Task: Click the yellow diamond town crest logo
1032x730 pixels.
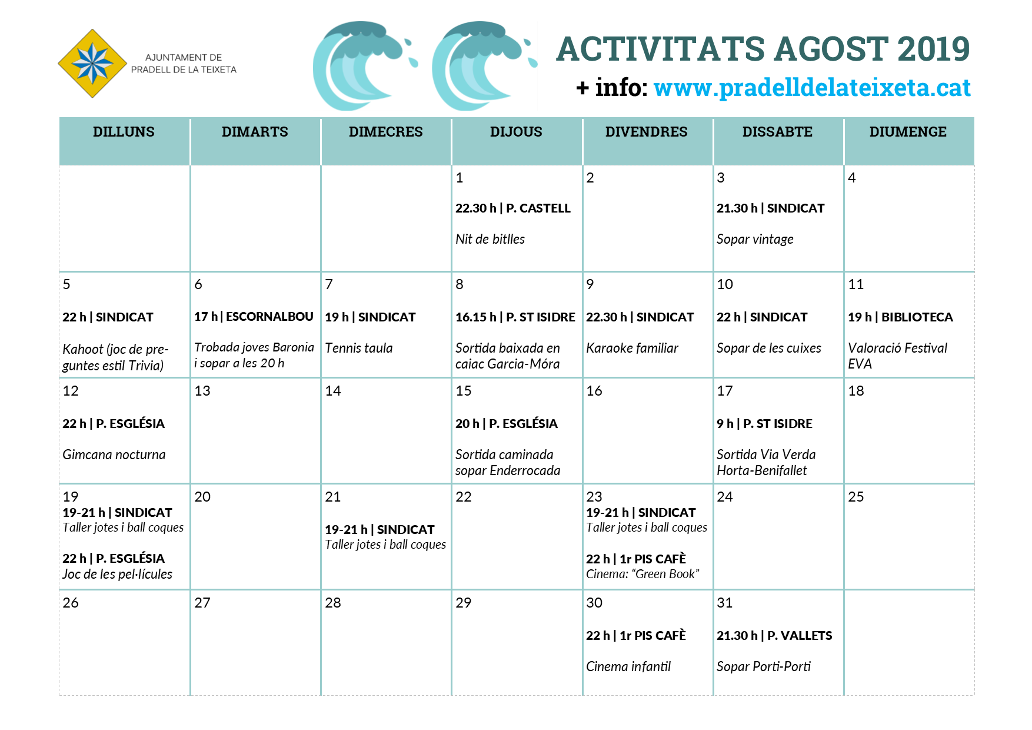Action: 92,64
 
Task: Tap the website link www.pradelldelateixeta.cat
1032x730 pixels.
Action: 811,88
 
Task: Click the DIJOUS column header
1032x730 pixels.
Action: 516,132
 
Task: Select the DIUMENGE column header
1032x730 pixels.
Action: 908,132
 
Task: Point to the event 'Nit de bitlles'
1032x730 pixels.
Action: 490,239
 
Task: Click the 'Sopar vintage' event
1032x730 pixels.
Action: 755,239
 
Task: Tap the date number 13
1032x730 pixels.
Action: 202,391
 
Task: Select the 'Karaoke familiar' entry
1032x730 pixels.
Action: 632,348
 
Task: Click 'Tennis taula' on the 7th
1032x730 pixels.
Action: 359,348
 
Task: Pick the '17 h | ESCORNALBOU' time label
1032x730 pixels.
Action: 254,317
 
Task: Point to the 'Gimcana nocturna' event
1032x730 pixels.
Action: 114,454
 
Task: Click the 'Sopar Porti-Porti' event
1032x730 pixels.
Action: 764,666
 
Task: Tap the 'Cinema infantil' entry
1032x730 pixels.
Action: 628,666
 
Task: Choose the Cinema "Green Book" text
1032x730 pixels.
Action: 642,574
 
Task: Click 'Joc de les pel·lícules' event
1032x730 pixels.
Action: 118,574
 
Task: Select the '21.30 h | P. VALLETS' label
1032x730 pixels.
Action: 774,636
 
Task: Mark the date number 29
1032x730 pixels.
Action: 464,603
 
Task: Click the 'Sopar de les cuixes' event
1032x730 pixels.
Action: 769,348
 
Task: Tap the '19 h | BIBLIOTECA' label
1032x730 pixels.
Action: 900,317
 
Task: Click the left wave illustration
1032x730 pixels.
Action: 362,66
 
